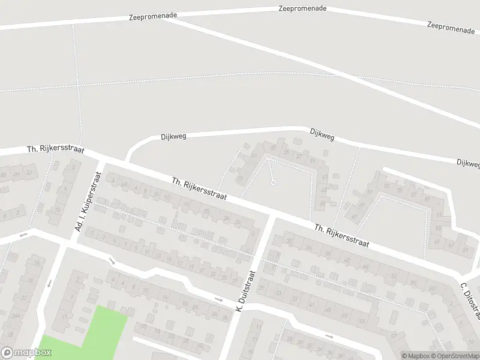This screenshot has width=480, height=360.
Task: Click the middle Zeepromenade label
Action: point(302,8)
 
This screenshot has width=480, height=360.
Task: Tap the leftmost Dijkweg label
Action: point(173,136)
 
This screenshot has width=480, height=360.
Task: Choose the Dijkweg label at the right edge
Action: point(468,163)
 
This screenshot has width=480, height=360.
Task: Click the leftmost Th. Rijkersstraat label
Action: point(55,149)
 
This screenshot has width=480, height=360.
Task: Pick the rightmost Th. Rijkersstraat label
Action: point(341,236)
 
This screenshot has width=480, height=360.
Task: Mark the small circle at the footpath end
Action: point(273,182)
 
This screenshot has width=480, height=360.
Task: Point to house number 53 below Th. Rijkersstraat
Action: point(361,321)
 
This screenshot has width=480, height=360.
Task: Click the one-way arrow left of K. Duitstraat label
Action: point(219,299)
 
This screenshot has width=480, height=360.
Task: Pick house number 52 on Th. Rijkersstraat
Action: point(394,276)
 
